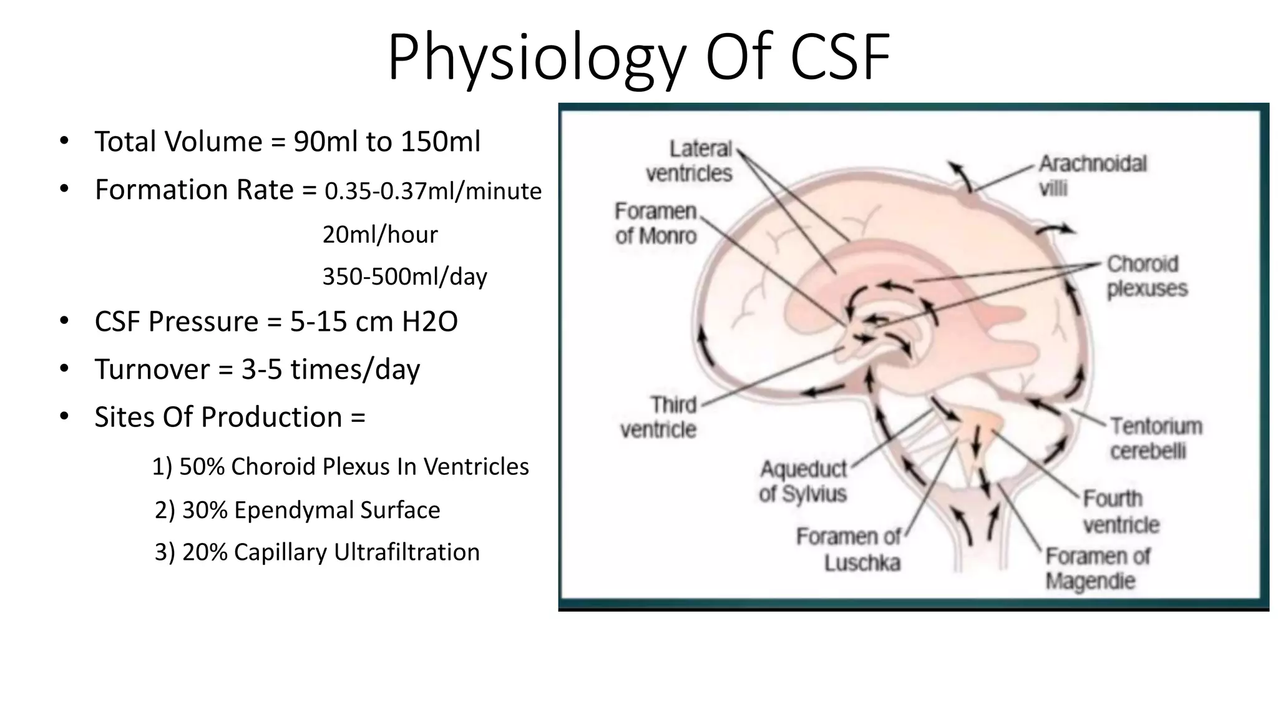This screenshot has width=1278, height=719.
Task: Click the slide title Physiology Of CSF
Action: tap(638, 57)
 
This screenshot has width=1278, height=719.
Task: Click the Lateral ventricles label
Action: tap(690, 161)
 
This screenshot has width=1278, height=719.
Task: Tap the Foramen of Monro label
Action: tap(656, 223)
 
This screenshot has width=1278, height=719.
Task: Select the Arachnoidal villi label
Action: tap(1092, 175)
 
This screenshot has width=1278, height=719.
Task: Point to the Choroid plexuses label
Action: tap(1147, 276)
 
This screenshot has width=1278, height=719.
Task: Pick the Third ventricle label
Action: tap(658, 417)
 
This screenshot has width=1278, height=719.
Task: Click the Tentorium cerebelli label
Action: tap(1156, 438)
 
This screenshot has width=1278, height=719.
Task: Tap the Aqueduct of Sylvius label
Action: tap(803, 481)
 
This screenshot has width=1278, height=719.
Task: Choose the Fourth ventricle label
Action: tap(1121, 511)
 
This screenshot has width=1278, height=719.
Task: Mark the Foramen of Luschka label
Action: tap(849, 550)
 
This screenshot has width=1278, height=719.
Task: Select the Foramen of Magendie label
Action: tap(1098, 568)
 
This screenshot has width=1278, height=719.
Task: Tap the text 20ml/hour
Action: tap(380, 235)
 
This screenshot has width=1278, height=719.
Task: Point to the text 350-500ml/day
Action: tap(404, 276)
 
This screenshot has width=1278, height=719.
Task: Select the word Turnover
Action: tap(152, 369)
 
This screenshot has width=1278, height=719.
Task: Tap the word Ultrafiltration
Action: tap(406, 552)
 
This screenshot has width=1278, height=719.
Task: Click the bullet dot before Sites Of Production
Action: tap(64, 416)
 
